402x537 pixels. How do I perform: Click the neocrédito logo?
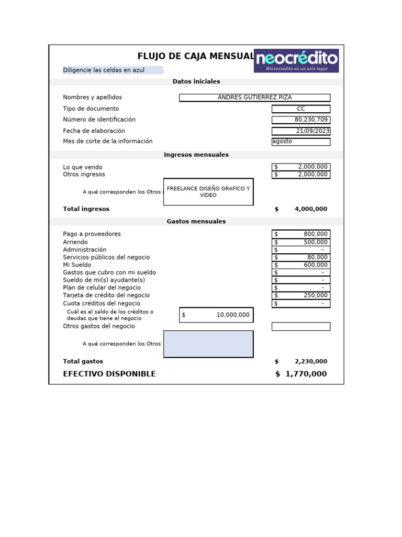(x=296, y=60)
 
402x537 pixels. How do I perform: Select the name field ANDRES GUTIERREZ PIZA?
(x=254, y=98)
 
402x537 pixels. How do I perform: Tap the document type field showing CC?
(x=301, y=109)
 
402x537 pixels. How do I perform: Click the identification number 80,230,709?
(x=301, y=120)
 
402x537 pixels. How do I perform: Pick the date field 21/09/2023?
(x=301, y=131)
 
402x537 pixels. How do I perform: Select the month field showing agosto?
(x=301, y=142)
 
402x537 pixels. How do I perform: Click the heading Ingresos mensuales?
(x=196, y=155)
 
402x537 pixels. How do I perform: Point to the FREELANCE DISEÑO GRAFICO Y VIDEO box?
(x=208, y=192)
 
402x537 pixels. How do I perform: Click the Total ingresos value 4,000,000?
(x=310, y=209)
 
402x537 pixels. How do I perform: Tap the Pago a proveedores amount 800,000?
(x=301, y=234)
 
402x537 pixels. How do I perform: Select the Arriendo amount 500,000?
(x=301, y=242)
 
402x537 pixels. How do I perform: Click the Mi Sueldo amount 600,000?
(x=301, y=265)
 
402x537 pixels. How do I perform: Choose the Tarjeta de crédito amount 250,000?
(x=301, y=296)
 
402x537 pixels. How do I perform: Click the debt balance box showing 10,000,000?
(x=216, y=315)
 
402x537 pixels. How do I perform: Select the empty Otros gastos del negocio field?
(x=301, y=326)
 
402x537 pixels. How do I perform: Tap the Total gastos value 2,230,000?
(x=310, y=361)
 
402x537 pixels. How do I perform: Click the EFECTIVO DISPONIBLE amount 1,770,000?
(x=306, y=374)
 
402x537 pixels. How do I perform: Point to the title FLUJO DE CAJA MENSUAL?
(x=196, y=56)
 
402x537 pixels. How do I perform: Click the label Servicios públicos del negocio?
(x=106, y=257)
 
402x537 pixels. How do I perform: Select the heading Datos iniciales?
(x=196, y=82)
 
